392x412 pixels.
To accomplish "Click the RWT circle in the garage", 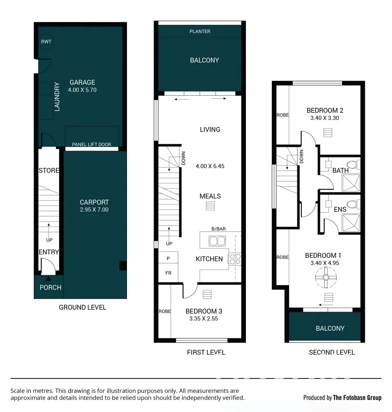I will tap(46, 42).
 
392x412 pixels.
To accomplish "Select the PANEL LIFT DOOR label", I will tap(92, 145).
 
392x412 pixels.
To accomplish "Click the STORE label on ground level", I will tap(49, 171).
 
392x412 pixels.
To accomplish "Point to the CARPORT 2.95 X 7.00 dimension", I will tap(94, 209).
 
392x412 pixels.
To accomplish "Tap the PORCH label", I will tap(50, 287).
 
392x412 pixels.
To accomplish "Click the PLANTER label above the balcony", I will tap(200, 31).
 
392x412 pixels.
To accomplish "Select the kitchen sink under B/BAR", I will tap(217, 241).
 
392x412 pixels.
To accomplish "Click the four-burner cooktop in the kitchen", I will tap(234, 259).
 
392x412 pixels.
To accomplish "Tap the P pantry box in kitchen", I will tap(168, 258).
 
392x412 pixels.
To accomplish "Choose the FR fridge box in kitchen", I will tap(168, 273).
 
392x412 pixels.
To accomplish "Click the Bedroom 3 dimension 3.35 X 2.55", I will tap(203, 319).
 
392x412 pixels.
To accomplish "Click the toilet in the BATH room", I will tap(353, 165).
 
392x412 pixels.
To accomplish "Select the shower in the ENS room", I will tap(351, 223).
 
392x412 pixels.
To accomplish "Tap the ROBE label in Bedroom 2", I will tap(283, 115).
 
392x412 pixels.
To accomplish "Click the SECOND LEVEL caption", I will tap(332, 352).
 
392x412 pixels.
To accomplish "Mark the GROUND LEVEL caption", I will tap(82, 307).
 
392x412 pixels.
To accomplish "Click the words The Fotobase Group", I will tap(357, 398).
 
